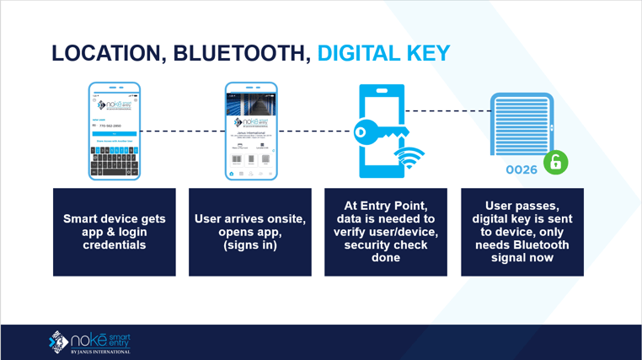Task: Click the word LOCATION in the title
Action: (108, 54)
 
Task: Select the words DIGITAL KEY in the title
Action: (383, 54)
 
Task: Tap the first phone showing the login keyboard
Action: (115, 131)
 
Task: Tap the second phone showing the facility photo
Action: (251, 131)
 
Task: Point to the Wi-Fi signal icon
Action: (409, 158)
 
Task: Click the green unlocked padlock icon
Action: (555, 162)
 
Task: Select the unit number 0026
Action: (522, 169)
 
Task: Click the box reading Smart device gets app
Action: (115, 232)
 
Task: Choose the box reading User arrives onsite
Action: (250, 232)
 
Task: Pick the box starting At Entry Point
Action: (386, 232)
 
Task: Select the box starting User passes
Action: (522, 232)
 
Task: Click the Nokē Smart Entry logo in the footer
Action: (90, 341)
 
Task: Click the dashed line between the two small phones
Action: (182, 132)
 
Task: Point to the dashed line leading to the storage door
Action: (447, 110)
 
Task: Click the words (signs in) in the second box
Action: (250, 245)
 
